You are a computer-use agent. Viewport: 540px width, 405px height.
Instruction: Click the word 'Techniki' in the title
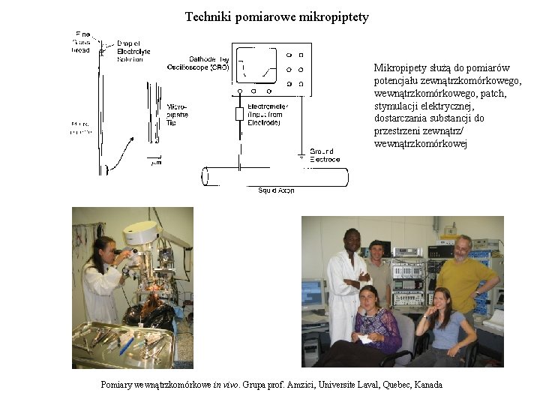click(208, 16)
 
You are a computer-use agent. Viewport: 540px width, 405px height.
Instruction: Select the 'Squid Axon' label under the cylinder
click(276, 190)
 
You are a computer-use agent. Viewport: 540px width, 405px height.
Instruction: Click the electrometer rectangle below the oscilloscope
click(240, 114)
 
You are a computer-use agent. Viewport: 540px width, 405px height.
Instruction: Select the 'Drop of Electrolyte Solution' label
click(133, 51)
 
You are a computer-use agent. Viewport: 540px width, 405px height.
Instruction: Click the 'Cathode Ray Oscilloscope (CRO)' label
click(199, 62)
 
